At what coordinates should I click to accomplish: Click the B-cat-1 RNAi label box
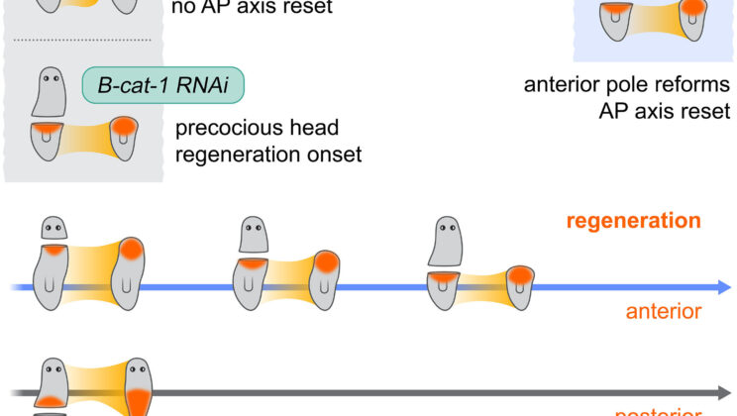[163, 87]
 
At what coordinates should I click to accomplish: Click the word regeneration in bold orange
[634, 220]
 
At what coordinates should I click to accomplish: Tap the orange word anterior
[664, 312]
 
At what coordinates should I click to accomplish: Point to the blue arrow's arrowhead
[721, 287]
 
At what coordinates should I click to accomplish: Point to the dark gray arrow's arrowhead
[721, 392]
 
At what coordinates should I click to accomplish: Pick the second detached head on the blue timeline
[256, 236]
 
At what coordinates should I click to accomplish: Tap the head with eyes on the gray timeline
[53, 377]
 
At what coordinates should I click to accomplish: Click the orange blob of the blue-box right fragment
[694, 7]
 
